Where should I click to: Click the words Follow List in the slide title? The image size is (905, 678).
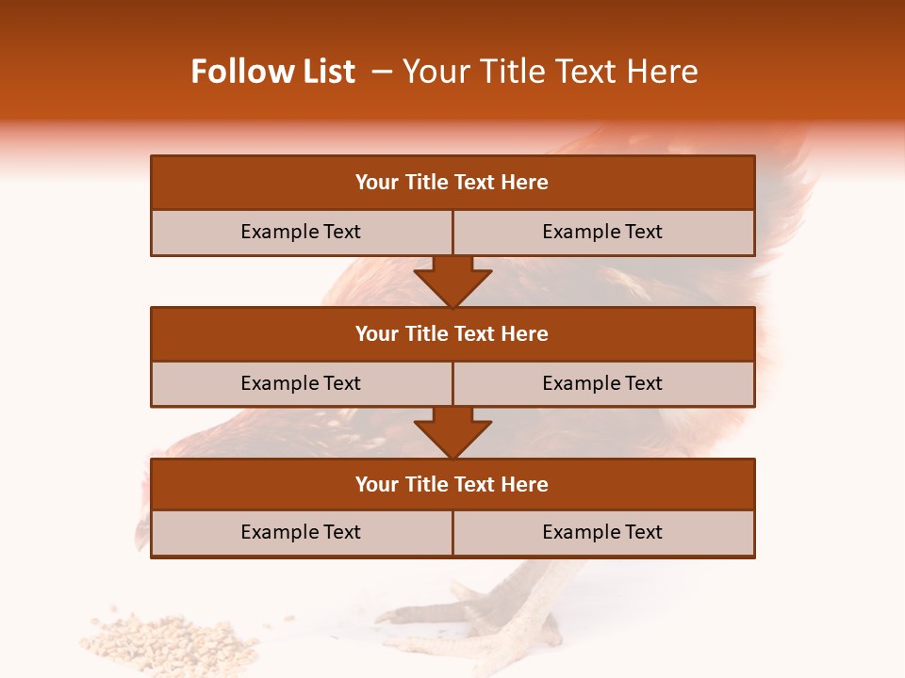(x=272, y=72)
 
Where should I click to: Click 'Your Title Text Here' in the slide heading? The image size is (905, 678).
(x=550, y=72)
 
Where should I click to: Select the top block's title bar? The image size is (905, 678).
(x=452, y=183)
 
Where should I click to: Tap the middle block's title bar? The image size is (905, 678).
(x=452, y=333)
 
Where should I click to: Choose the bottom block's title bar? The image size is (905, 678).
(x=452, y=484)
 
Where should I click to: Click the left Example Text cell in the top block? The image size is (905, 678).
(x=301, y=232)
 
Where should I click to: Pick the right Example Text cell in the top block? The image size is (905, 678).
(x=602, y=232)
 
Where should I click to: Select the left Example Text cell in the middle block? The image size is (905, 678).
(x=301, y=383)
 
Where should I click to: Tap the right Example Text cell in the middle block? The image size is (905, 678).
(x=602, y=383)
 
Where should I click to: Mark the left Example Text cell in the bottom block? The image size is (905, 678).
(x=301, y=532)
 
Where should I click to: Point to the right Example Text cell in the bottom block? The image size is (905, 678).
(x=602, y=532)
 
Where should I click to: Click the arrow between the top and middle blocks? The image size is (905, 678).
(x=452, y=281)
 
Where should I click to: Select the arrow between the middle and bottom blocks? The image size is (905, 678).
(x=452, y=432)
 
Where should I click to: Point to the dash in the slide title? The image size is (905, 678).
(x=381, y=72)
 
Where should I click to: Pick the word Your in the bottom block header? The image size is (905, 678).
(x=377, y=484)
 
